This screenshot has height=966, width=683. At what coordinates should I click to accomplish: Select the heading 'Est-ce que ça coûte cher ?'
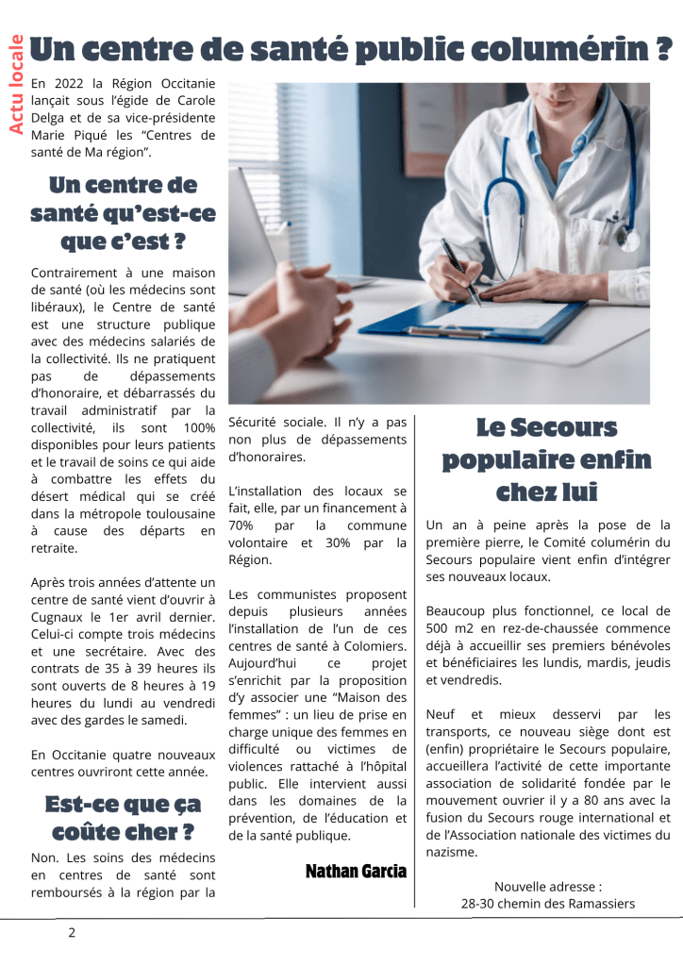pyautogui.click(x=123, y=818)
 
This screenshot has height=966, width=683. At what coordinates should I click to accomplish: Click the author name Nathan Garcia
pyautogui.click(x=356, y=871)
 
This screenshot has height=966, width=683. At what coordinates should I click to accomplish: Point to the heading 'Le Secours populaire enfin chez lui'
pyautogui.click(x=546, y=460)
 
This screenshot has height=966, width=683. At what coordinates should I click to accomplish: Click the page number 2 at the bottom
pyautogui.click(x=71, y=933)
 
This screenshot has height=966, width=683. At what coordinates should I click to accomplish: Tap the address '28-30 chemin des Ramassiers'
pyautogui.click(x=548, y=903)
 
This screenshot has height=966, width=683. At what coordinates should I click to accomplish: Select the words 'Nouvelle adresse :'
pyautogui.click(x=547, y=886)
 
